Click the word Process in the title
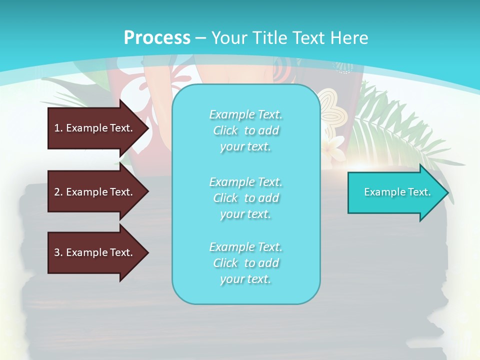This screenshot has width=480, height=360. coord(157,37)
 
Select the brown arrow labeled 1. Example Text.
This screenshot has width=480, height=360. coord(95,128)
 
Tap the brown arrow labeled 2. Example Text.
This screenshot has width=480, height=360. coord(95,192)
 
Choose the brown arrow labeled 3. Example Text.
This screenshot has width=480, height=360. coord(95,252)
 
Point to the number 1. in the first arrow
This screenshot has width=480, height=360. coord(58,128)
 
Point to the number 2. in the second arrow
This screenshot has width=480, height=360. coord(58,192)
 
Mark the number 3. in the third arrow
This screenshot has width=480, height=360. coord(58,252)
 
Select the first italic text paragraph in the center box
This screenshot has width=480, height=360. coord(245,130)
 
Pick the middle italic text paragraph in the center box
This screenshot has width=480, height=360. coord(245,198)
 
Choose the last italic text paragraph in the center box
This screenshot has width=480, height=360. coord(245,263)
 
